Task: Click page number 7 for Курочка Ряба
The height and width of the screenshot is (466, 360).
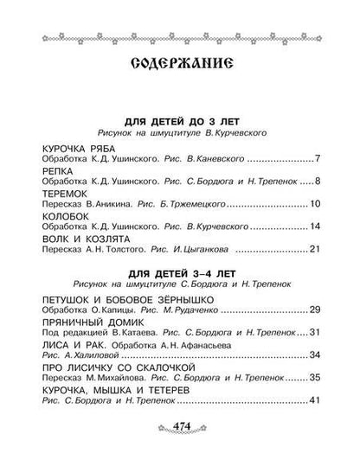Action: pyautogui.click(x=318, y=159)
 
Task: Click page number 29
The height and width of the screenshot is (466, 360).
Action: pyautogui.click(x=314, y=310)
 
